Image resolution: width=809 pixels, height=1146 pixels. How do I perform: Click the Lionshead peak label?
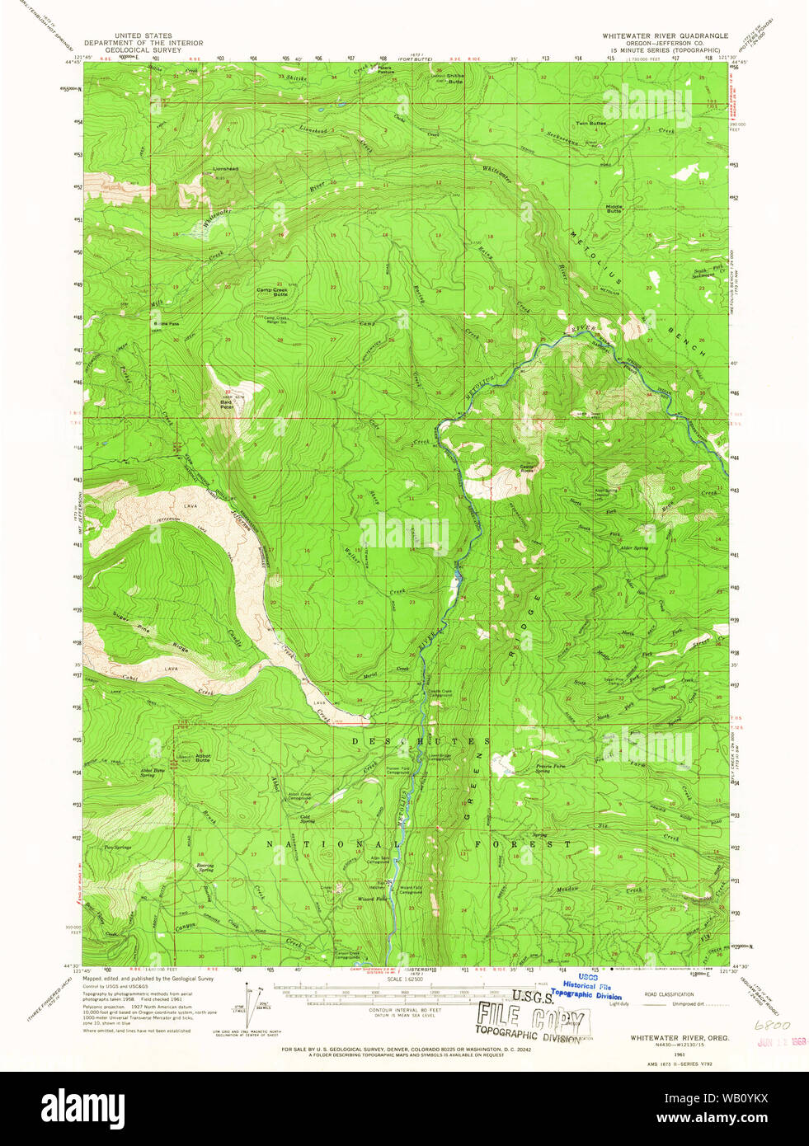tap(225, 169)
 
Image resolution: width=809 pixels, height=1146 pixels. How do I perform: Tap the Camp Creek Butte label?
tap(271, 292)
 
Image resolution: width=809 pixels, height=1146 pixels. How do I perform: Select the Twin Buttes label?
tap(590, 124)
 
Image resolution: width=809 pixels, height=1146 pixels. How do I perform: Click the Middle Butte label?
tap(614, 209)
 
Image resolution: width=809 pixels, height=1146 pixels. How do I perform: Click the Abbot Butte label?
tap(203, 758)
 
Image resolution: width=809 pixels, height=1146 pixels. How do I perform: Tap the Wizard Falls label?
tap(371, 899)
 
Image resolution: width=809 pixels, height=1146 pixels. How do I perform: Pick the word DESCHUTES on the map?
tap(414, 741)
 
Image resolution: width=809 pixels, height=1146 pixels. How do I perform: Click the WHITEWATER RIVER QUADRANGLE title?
tap(665, 36)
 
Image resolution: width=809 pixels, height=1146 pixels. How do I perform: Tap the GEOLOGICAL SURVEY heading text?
tap(143, 49)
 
